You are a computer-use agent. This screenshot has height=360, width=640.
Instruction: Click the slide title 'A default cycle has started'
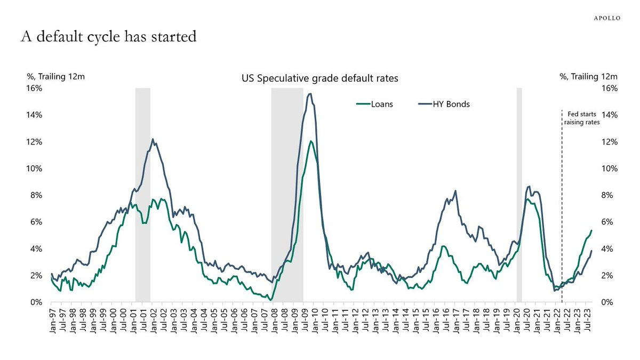click(109, 37)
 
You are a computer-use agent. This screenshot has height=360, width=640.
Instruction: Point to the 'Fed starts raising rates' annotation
click(582, 117)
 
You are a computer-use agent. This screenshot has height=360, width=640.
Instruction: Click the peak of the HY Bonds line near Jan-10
click(310, 94)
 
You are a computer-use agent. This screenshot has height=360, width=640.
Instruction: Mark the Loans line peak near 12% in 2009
click(310, 141)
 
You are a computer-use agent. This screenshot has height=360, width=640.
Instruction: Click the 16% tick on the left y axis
click(35, 88)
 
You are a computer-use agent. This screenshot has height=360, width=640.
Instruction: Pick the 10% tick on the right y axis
click(609, 169)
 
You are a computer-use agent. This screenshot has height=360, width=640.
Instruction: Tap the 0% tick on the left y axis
click(36, 302)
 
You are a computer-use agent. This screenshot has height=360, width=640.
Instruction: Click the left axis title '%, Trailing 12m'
click(56, 77)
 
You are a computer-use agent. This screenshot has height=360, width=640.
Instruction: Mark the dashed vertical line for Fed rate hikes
click(562, 213)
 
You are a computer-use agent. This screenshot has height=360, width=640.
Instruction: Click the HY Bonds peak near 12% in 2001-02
click(153, 139)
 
